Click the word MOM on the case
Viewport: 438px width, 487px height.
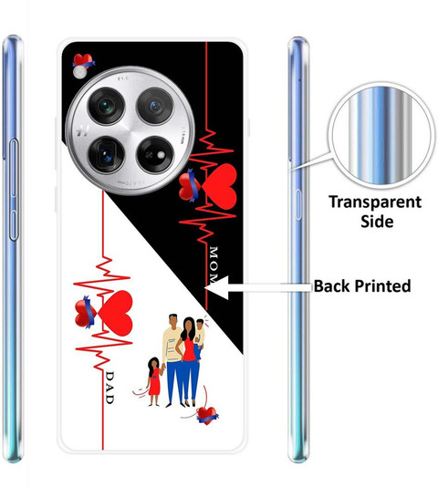pyautogui.click(x=214, y=265)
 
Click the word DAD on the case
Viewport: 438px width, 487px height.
pyautogui.click(x=109, y=388)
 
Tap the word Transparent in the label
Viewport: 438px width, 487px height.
pyautogui.click(x=375, y=202)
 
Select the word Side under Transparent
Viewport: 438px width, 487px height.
pyautogui.click(x=377, y=221)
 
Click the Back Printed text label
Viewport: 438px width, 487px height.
pyautogui.click(x=362, y=286)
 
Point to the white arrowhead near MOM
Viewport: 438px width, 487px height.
pyautogui.click(x=217, y=287)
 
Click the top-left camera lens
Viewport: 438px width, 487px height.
pyautogui.click(x=107, y=106)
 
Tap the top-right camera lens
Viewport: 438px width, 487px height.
pyautogui.click(x=155, y=106)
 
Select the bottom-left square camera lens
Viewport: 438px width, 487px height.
pyautogui.click(x=107, y=155)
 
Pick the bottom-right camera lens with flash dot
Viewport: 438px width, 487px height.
pyautogui.click(x=155, y=155)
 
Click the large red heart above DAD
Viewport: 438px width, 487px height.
pyautogui.click(x=116, y=313)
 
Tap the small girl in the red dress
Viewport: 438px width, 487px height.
pyautogui.click(x=154, y=382)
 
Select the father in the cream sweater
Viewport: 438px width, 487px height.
pyautogui.click(x=172, y=360)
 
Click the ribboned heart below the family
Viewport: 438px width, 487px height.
pyautogui.click(x=207, y=416)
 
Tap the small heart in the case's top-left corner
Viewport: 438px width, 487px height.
pyautogui.click(x=83, y=61)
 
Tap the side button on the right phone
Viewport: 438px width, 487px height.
pyautogui.click(x=297, y=204)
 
